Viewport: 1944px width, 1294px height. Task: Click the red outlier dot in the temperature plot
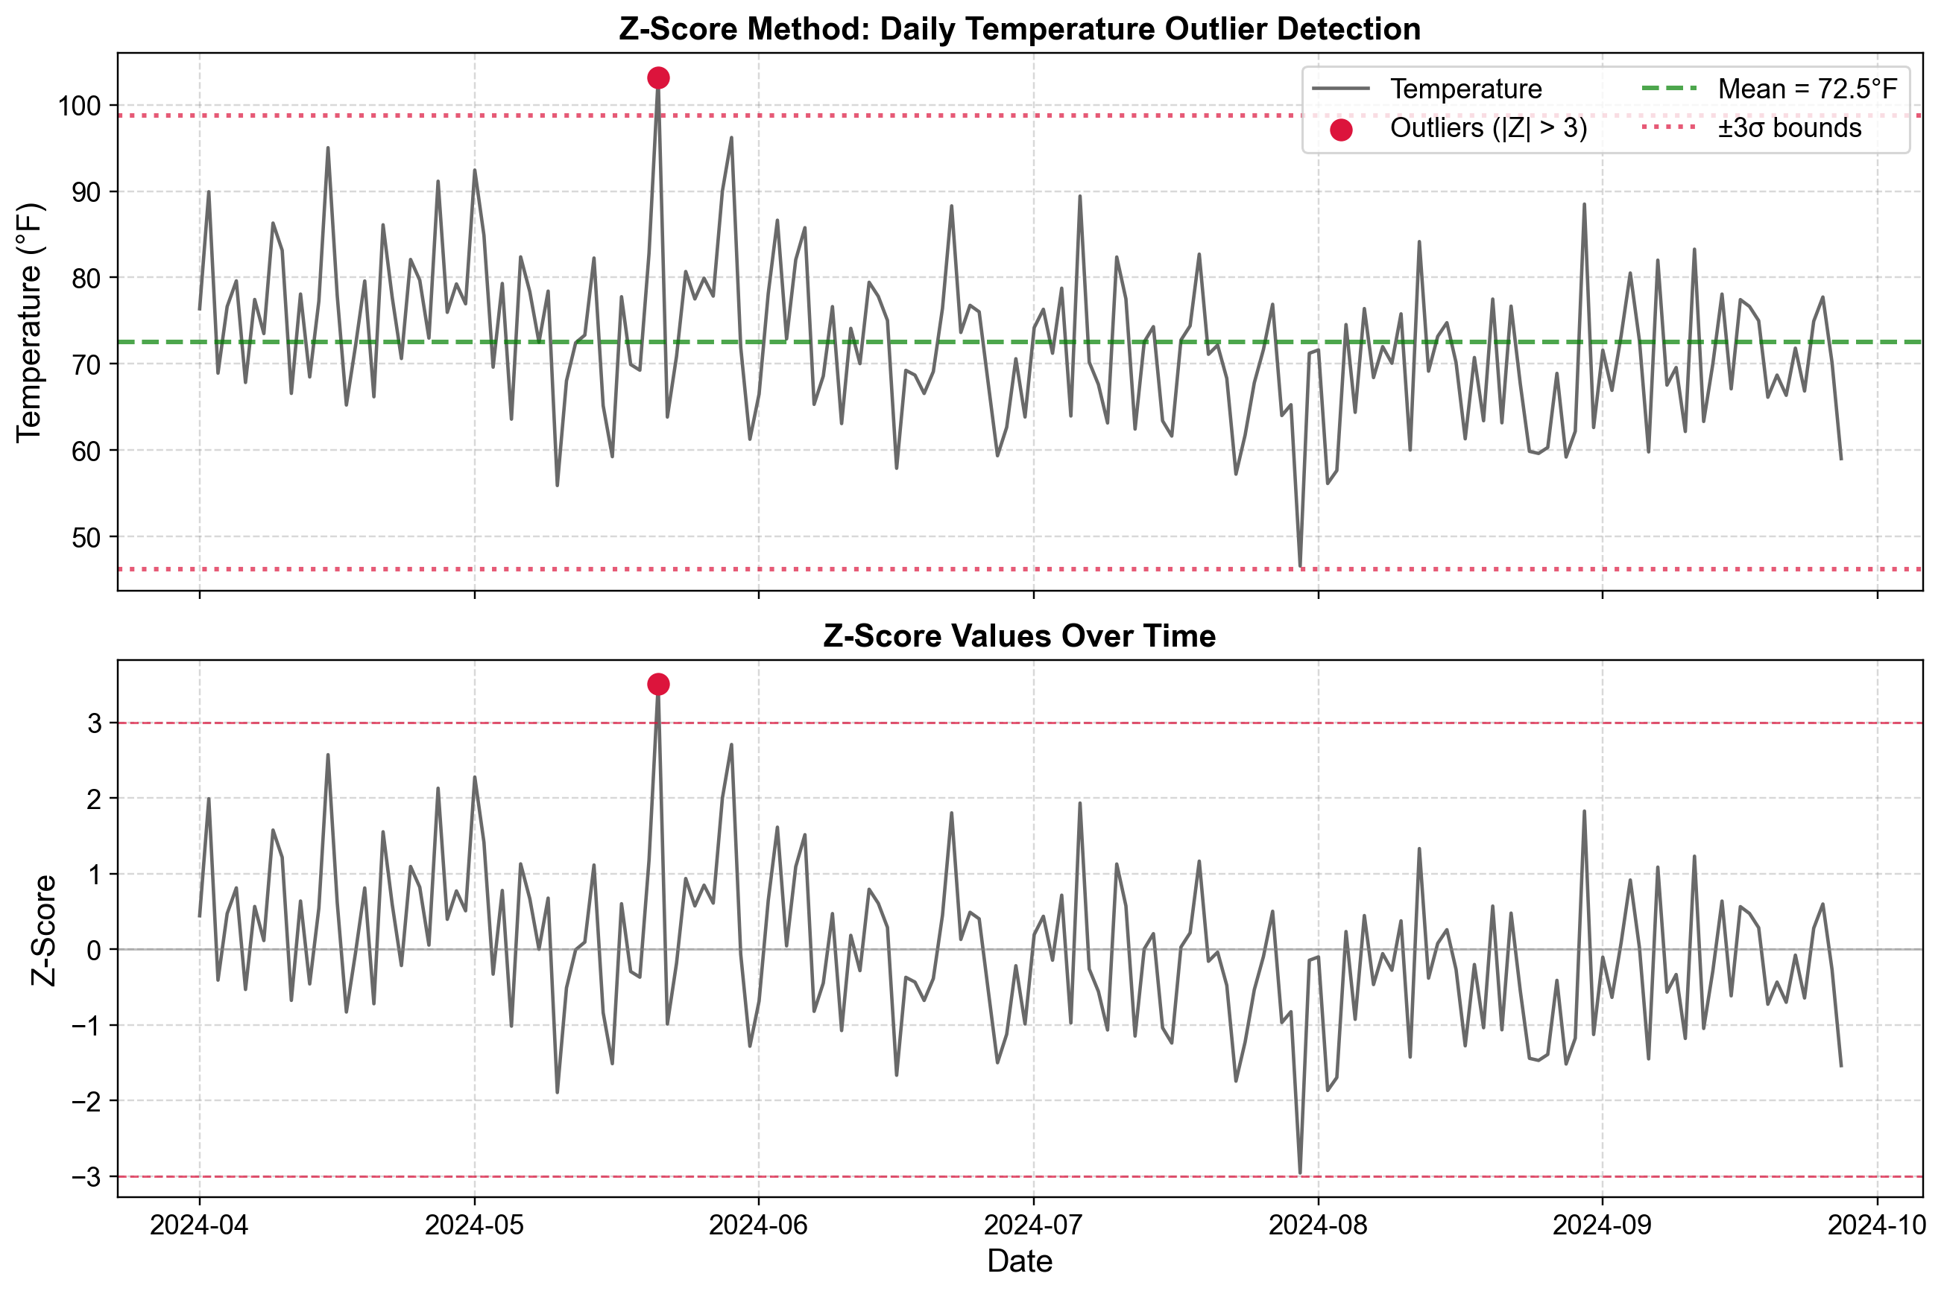pos(658,78)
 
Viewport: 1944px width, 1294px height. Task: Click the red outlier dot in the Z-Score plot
pos(658,684)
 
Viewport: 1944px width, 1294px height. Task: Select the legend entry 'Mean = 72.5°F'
pos(1807,89)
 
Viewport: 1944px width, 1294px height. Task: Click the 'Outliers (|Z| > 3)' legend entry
pos(1488,129)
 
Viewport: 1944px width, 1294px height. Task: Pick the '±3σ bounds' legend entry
pos(1789,129)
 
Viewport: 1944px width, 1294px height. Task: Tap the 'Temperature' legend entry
pos(1465,89)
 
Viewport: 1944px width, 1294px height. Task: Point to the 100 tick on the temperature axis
pos(79,106)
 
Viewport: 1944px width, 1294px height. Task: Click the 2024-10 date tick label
pos(1877,1225)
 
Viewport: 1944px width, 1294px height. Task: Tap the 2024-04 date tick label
pos(199,1225)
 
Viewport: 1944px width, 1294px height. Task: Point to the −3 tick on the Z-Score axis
pos(86,1177)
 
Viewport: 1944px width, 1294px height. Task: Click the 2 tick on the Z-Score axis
pos(94,799)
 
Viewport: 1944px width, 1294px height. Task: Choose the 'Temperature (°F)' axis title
pos(30,322)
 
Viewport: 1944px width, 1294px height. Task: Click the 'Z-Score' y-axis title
pos(44,930)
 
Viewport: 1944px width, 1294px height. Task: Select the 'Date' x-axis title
pos(1020,1262)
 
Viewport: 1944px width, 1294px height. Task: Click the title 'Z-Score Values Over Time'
pos(1020,636)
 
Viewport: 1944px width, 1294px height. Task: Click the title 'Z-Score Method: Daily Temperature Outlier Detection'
pos(1020,30)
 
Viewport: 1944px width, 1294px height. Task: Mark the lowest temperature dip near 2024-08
pos(1300,566)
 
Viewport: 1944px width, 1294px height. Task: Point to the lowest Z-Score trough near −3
pos(1300,1173)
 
